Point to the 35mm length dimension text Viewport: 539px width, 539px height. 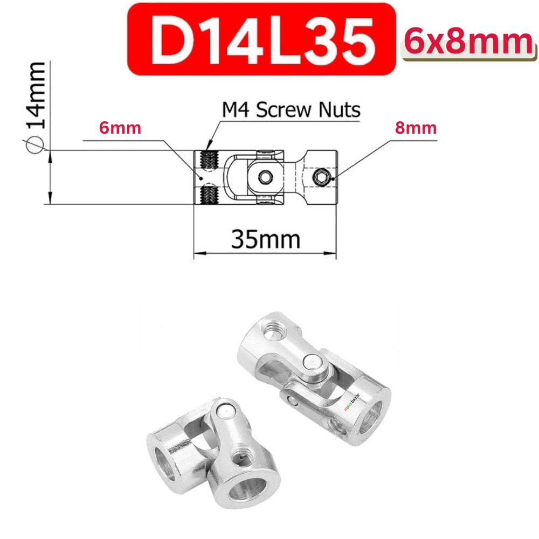(x=265, y=238)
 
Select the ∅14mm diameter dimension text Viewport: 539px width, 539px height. (x=36, y=102)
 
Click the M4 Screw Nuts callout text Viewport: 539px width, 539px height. (x=291, y=110)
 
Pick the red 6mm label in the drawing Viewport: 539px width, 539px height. (x=120, y=128)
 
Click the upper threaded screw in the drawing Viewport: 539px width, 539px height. (x=207, y=158)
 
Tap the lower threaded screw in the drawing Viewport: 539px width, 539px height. (x=207, y=195)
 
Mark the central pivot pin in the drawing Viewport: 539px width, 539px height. (x=265, y=177)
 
